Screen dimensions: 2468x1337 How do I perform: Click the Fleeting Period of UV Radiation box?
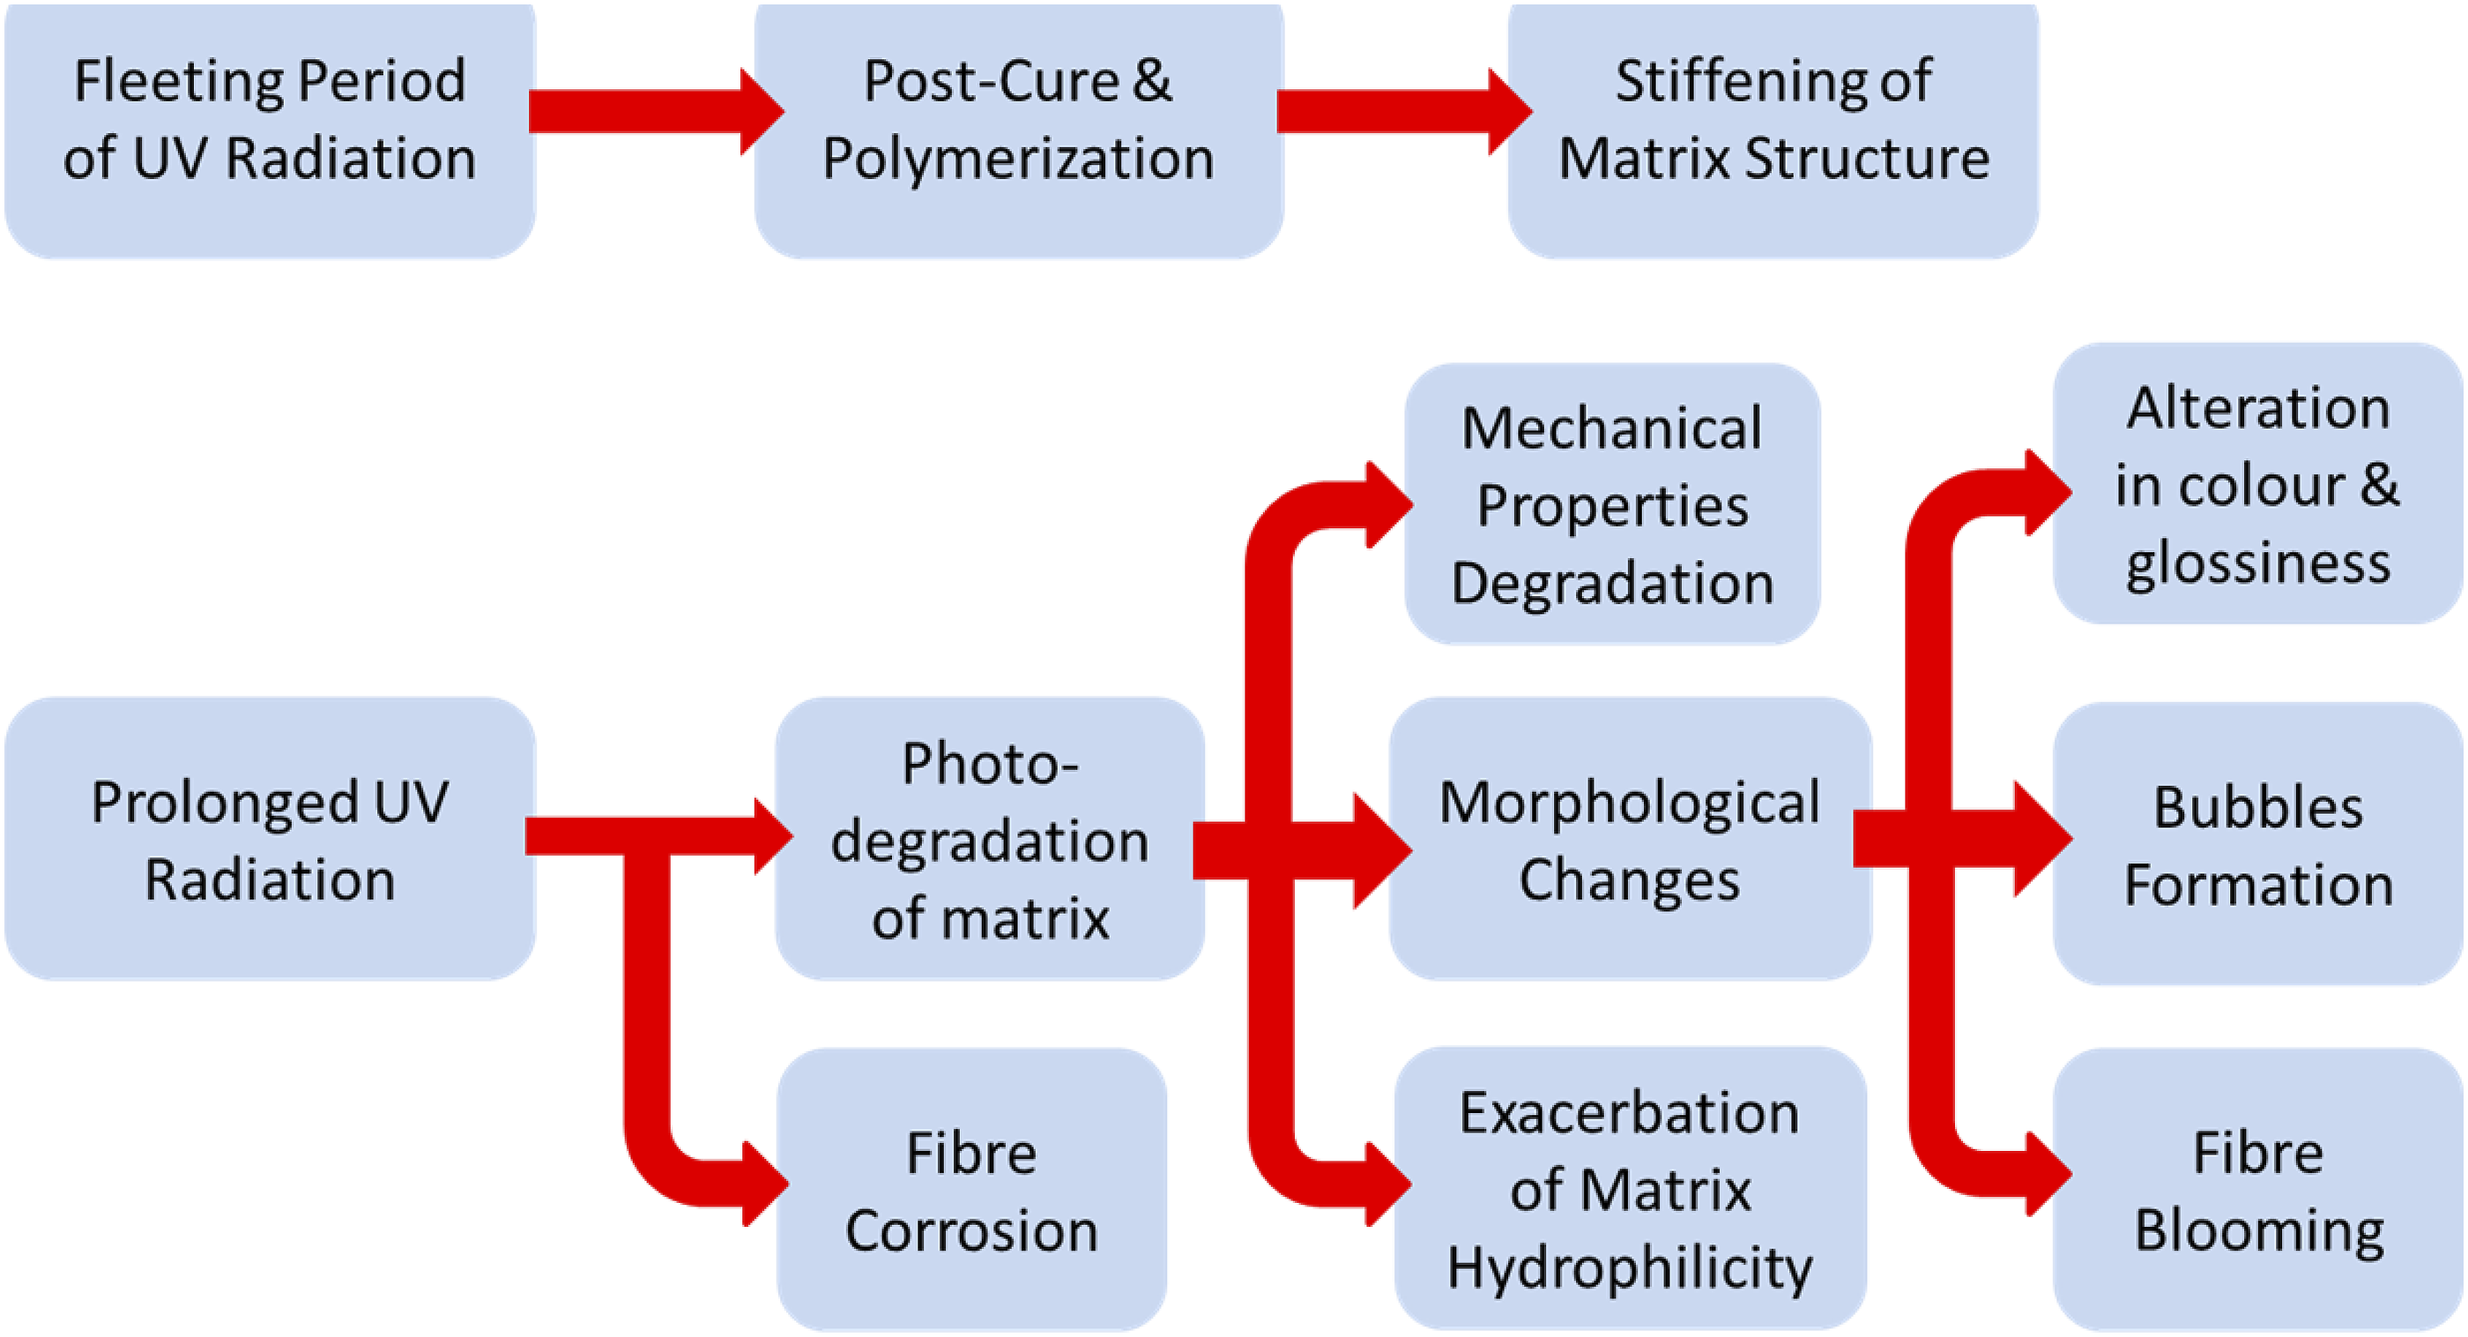269,130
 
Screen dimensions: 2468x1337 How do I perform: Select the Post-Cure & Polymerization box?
1018,130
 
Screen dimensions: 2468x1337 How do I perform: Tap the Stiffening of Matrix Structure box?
1773,130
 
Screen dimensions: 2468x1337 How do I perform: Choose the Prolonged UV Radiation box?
269,839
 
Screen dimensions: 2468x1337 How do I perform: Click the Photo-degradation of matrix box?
990,839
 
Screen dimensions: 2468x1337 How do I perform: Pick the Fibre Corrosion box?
971,1190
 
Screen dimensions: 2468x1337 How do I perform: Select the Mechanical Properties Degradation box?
1612,504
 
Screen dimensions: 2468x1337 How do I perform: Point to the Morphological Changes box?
1630,839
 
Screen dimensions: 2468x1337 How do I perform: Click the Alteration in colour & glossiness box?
2258,483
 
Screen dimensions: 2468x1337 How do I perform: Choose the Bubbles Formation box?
2258,843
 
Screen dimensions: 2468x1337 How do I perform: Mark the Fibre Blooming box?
2258,1190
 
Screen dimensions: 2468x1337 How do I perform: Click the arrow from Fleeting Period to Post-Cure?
657,111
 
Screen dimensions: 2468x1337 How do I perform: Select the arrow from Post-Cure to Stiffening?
1404,111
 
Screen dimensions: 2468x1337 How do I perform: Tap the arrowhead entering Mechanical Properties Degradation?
1390,504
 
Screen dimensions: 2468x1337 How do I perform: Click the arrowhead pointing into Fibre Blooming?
2049,1173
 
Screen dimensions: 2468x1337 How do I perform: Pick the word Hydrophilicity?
1630,1269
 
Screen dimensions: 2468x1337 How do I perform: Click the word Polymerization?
1018,159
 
